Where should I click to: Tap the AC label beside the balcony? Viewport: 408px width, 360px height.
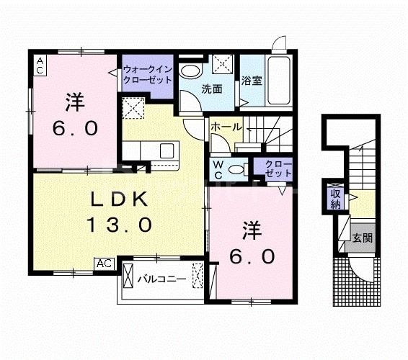(x=104, y=264)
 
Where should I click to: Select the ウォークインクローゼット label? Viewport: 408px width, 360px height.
(x=146, y=75)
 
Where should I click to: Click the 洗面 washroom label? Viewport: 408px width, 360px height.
(x=211, y=89)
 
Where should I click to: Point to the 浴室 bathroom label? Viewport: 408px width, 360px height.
(x=252, y=81)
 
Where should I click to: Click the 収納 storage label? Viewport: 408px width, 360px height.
(x=335, y=198)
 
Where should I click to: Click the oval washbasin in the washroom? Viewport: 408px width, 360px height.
(x=190, y=71)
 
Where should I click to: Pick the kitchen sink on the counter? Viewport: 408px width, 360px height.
(x=167, y=150)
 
